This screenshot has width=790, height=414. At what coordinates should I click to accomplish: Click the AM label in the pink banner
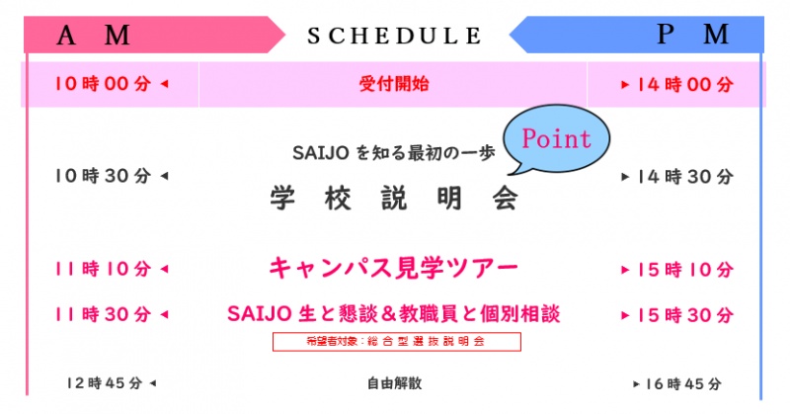[93, 36]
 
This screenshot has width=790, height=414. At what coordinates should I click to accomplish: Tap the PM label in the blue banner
[693, 35]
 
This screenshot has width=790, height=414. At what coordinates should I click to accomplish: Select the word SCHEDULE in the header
[394, 36]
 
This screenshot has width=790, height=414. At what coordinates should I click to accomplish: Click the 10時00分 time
[103, 84]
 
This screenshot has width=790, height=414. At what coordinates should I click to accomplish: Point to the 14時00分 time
[684, 85]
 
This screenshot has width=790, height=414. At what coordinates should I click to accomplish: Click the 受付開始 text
[394, 84]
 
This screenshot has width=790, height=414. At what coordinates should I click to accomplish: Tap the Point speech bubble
[556, 139]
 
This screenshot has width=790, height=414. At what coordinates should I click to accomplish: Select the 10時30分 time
[103, 176]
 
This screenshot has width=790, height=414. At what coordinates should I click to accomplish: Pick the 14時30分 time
[684, 177]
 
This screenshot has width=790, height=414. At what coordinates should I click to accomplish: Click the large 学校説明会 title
[394, 198]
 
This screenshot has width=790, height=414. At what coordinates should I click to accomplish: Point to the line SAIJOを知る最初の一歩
[394, 153]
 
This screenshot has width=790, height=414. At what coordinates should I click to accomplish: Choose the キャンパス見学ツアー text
[393, 268]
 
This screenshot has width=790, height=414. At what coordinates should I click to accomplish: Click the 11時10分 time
[103, 269]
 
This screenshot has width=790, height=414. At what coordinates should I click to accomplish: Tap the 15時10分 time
[684, 270]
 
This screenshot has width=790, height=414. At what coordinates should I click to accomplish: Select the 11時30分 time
[103, 314]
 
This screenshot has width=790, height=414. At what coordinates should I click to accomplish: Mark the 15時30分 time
[684, 315]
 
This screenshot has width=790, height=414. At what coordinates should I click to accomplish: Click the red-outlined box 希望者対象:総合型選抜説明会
[397, 342]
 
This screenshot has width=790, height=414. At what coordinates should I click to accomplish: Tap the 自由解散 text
[394, 383]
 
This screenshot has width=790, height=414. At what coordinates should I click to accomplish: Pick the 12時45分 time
[105, 383]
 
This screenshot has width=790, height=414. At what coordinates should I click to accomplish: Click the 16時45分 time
[683, 384]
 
